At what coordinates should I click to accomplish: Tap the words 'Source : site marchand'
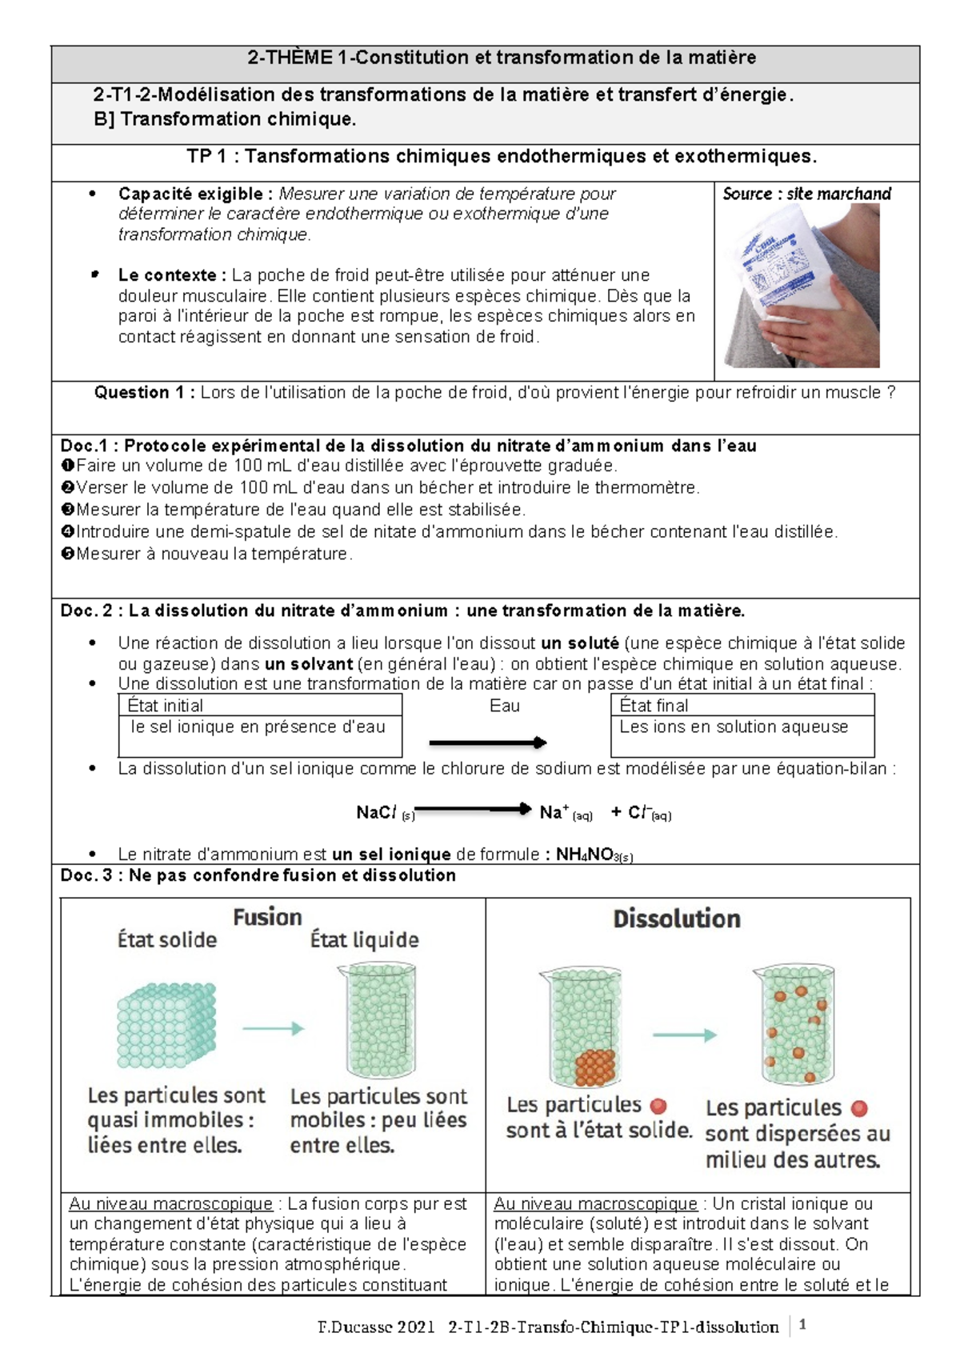(x=806, y=194)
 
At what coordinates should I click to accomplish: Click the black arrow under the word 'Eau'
(x=487, y=743)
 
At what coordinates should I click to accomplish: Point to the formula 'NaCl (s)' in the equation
(x=385, y=813)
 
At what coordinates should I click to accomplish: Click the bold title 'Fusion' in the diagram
(x=267, y=917)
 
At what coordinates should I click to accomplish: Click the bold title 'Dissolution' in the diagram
(x=677, y=919)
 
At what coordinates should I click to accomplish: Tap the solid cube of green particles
(x=166, y=1025)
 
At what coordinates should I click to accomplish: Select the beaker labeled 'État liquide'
(x=382, y=1021)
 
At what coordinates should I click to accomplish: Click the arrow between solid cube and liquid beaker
(x=273, y=1029)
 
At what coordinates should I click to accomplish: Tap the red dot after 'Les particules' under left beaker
(x=658, y=1106)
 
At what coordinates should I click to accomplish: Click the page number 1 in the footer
(x=802, y=1324)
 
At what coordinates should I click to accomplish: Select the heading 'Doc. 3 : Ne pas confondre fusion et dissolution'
(x=258, y=875)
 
